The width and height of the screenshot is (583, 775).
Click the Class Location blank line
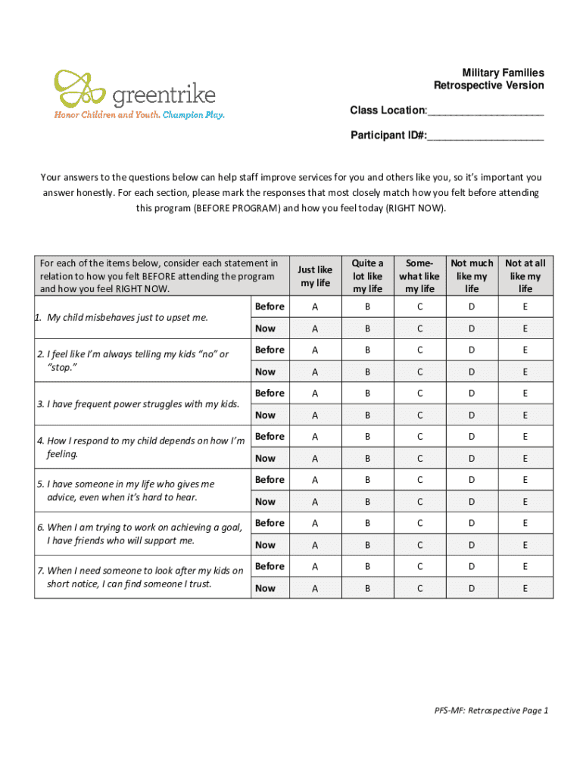485,114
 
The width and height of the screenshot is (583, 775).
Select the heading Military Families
503,73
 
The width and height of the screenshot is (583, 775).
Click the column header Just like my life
315,275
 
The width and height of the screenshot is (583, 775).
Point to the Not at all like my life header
525,275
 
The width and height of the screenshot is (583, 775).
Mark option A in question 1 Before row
315,307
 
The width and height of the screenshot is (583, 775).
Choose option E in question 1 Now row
525,328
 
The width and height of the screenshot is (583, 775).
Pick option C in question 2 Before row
419,350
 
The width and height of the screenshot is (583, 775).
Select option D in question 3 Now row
472,415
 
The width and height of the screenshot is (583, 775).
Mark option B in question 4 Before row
367,436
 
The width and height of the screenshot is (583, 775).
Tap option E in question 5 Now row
525,502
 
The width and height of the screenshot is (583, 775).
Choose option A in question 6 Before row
315,523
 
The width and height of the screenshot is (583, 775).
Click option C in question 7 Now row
419,588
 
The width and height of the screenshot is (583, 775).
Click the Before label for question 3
270,393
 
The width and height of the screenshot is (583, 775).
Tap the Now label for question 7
266,588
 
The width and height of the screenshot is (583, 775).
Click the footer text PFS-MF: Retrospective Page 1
491,710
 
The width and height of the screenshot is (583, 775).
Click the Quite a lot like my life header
367,275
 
